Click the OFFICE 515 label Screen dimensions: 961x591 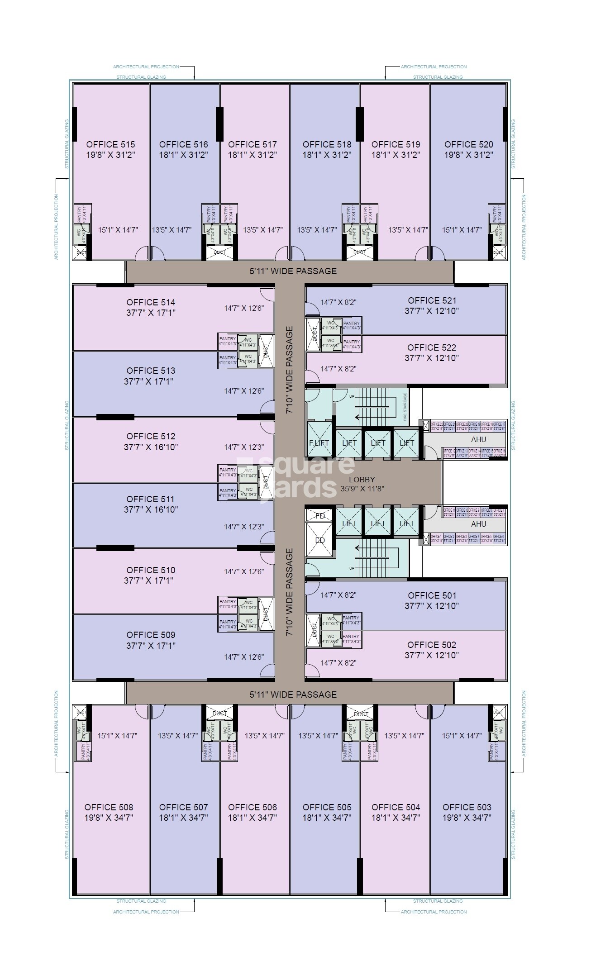pos(110,144)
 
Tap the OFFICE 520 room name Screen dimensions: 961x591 pos(468,144)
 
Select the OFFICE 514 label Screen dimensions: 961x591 pos(151,302)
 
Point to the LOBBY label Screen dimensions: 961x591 pos(362,480)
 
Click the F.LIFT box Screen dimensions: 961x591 pos(319,443)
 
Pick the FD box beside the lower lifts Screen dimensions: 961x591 pos(320,516)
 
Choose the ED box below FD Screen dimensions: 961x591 pos(320,540)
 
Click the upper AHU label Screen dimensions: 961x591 pos(478,439)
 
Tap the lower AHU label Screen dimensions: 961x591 pos(478,524)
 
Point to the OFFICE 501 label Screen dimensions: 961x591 pos(432,595)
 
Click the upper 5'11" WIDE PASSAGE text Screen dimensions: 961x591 pos(293,271)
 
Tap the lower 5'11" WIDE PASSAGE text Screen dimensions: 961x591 pos(293,695)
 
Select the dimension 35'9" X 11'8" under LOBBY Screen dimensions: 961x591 pos(362,489)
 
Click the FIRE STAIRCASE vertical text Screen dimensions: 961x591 pos(405,407)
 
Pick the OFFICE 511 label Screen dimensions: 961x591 pos(151,499)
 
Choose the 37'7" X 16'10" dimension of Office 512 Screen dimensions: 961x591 pos(151,447)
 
